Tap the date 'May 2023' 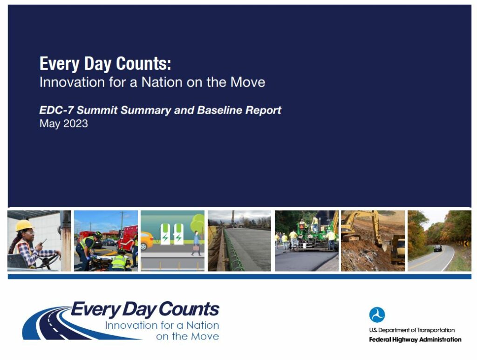[x=63, y=124]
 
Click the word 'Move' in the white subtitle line [x=247, y=82]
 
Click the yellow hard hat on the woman [x=24, y=225]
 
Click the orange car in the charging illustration [x=146, y=241]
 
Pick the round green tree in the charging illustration [x=198, y=222]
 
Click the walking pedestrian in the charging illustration [x=196, y=243]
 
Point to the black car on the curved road [x=437, y=248]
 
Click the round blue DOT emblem [x=377, y=315]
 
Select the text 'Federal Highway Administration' [x=415, y=340]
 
